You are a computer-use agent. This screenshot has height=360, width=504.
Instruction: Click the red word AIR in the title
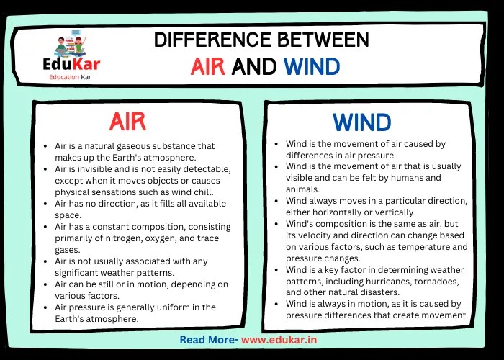(209, 67)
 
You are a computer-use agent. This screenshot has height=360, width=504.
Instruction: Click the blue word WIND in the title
(311, 67)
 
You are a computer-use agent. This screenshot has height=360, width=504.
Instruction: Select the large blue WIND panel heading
(361, 122)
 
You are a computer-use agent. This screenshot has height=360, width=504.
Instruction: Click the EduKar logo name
(70, 65)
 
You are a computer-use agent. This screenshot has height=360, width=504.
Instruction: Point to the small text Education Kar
(70, 78)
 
